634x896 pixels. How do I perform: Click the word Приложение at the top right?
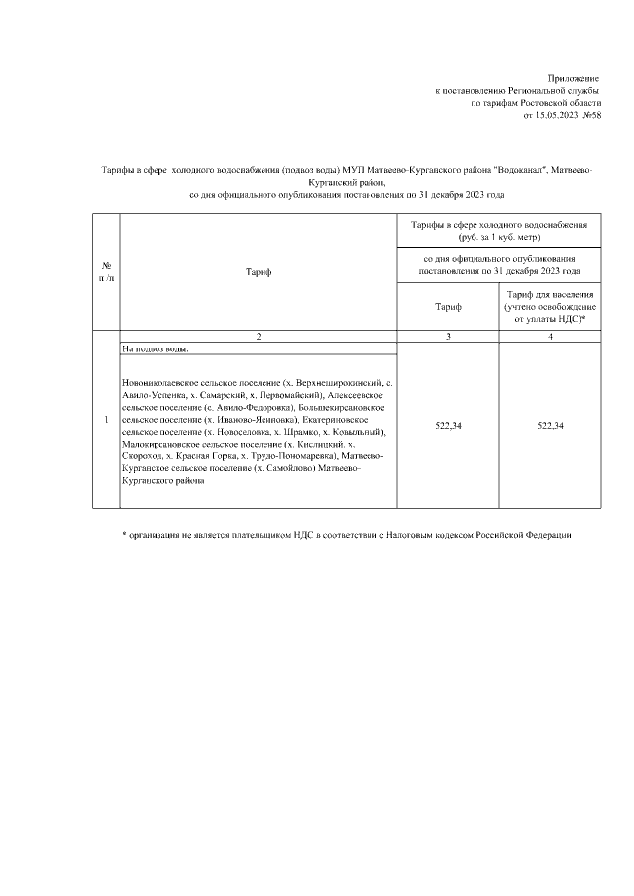coord(574,77)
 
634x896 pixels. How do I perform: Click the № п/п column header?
coord(106,271)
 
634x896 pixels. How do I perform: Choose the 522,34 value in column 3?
coord(448,425)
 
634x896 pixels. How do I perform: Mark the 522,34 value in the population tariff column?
coord(550,425)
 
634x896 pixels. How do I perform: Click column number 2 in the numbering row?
coord(258,338)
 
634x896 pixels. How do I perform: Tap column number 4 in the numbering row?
coord(550,338)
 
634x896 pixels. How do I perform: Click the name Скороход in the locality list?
coord(145,457)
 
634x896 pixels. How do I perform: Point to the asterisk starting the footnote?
coord(124,536)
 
